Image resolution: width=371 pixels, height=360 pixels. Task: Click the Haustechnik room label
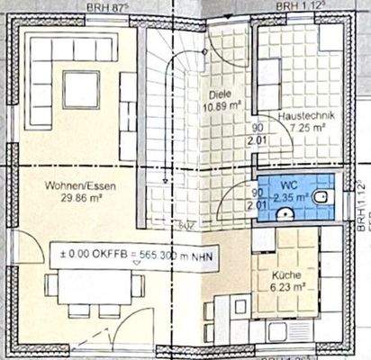(x=301, y=117)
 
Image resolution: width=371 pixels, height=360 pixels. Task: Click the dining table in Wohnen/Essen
(x=95, y=290)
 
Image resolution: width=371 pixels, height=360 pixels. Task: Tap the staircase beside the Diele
(x=167, y=126)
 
